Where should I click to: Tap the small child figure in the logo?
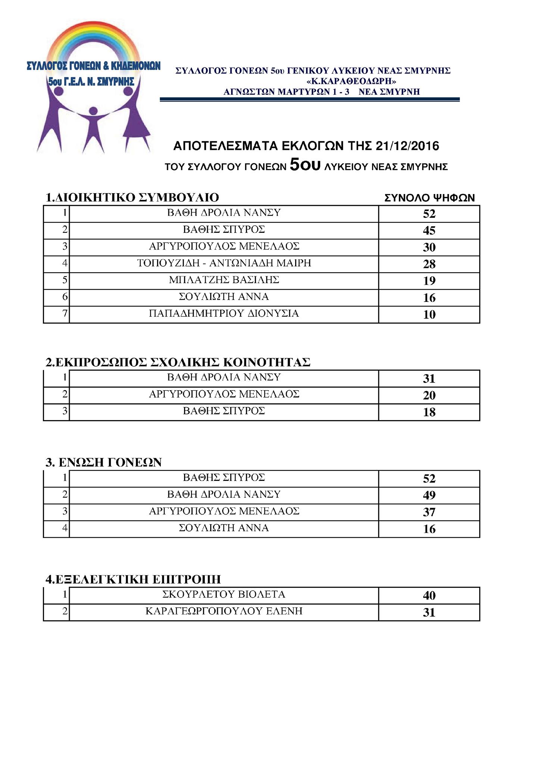tap(93, 129)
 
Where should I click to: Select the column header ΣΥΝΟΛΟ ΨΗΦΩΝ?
tap(430, 198)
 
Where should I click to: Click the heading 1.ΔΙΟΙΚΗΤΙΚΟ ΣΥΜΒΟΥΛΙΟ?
tap(132, 197)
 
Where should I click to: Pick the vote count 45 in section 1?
tap(429, 231)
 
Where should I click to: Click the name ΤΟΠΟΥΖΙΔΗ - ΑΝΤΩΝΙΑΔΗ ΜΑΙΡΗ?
tap(224, 263)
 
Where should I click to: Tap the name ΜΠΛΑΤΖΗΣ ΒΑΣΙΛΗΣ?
tap(224, 280)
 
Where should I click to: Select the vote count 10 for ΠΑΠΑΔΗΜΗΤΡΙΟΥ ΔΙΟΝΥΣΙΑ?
tap(429, 314)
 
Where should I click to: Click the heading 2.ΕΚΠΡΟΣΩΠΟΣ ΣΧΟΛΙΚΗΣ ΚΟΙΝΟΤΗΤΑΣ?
tap(178, 362)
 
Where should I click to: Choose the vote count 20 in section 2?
tap(429, 395)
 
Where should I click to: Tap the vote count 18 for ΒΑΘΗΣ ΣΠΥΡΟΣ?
tap(429, 412)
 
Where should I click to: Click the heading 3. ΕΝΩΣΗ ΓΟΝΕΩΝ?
tap(103, 463)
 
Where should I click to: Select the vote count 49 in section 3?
tap(429, 495)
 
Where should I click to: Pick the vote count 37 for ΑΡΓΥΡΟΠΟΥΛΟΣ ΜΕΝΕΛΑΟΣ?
tap(429, 512)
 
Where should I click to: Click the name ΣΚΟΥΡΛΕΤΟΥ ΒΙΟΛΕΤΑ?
tap(224, 594)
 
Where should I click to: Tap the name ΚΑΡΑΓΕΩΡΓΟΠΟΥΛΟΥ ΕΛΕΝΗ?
tap(224, 611)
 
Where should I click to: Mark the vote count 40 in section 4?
tap(429, 595)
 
